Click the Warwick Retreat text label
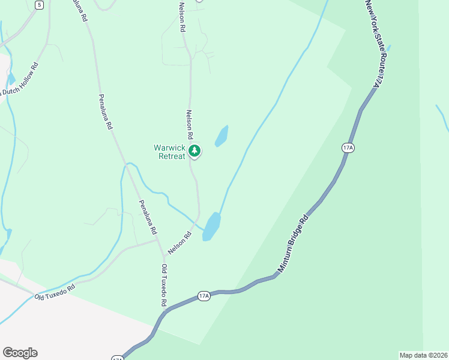point(169,152)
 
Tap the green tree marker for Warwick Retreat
point(194,151)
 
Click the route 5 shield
point(39,5)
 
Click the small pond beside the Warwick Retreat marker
point(221,136)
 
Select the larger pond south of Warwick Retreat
point(211,226)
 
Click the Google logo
point(20,353)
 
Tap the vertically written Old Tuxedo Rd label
point(163,285)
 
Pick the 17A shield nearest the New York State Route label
point(348,148)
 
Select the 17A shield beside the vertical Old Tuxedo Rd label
point(204,296)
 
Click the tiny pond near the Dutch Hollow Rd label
point(11,79)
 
